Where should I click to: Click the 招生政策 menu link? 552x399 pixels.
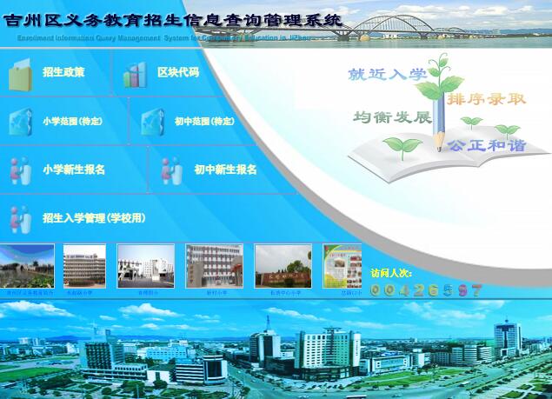[63, 73]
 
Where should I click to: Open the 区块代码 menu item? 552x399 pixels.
[178, 73]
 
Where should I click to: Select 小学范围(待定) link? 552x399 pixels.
[72, 122]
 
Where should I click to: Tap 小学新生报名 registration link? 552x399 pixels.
[74, 170]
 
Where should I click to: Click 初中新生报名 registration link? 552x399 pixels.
[225, 170]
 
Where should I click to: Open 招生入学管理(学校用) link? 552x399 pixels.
[94, 218]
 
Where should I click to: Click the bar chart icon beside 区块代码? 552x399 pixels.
[135, 75]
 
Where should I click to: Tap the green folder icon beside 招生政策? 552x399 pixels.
[20, 75]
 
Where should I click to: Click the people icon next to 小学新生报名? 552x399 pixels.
[20, 170]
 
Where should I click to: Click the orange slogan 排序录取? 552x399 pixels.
[487, 99]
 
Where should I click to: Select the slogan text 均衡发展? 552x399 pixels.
[392, 117]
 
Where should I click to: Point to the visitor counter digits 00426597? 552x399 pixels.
[426, 290]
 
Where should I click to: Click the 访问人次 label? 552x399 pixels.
[391, 273]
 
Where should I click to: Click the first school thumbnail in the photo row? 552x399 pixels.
[27, 266]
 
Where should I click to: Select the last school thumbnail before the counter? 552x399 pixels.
[342, 266]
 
